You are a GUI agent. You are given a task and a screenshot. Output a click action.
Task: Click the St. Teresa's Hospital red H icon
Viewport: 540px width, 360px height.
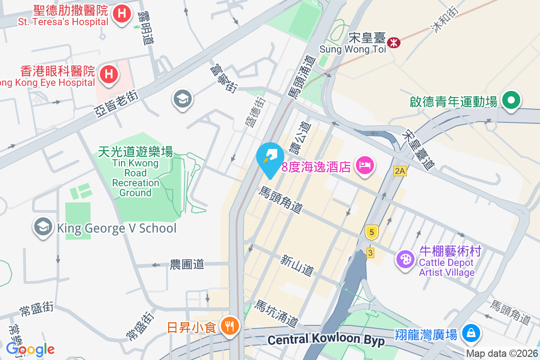pyautogui.click(x=121, y=14)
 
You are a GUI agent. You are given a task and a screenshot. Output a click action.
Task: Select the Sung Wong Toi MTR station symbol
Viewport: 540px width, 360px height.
pyautogui.click(x=394, y=43)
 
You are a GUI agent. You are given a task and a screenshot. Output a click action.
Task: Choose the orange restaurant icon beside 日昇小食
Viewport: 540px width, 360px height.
pyautogui.click(x=230, y=326)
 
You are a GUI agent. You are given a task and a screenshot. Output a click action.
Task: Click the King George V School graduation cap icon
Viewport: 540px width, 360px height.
pyautogui.click(x=44, y=228)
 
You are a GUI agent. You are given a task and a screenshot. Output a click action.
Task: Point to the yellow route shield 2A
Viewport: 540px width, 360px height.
pyautogui.click(x=399, y=171)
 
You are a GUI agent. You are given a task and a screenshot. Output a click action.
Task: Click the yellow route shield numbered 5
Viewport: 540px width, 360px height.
pyautogui.click(x=371, y=232)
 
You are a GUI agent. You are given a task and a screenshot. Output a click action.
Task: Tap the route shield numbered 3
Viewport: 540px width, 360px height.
pyautogui.click(x=370, y=252)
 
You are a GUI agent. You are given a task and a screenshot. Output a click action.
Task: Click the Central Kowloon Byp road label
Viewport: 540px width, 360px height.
pyautogui.click(x=326, y=340)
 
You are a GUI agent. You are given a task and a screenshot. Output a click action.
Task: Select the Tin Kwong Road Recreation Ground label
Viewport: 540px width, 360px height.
pyautogui.click(x=135, y=173)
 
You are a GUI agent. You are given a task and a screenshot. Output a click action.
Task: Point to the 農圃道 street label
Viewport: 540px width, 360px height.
pyautogui.click(x=187, y=265)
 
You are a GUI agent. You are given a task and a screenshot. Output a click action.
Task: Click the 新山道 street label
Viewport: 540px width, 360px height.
pyautogui.click(x=297, y=265)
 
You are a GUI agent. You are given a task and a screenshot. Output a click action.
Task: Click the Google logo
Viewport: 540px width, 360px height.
pyautogui.click(x=30, y=349)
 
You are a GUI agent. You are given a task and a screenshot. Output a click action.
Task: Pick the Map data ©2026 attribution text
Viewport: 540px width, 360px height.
pyautogui.click(x=502, y=354)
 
